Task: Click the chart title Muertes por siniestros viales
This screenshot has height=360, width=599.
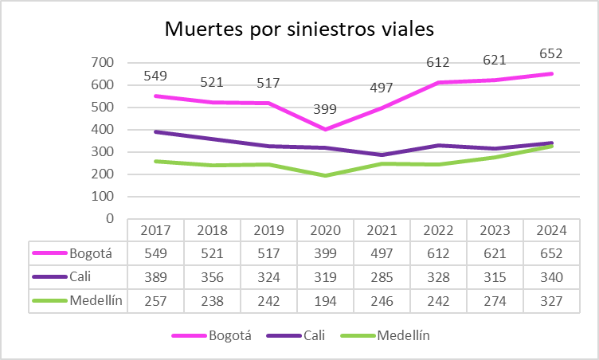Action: coord(299,29)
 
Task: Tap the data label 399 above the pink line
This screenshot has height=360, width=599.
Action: coord(325,108)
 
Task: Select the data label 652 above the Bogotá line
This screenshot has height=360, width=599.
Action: coord(550,54)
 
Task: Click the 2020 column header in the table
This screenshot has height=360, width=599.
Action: coord(325,230)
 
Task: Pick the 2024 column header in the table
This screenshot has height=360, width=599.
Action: coord(550,230)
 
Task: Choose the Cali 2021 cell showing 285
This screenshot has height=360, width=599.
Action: coord(382,276)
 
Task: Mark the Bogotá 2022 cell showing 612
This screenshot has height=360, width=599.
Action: coord(438,253)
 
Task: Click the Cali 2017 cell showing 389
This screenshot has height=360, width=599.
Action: coord(155,276)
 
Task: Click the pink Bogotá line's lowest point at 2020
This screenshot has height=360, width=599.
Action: coord(325,129)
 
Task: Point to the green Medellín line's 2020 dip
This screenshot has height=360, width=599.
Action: coord(325,175)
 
